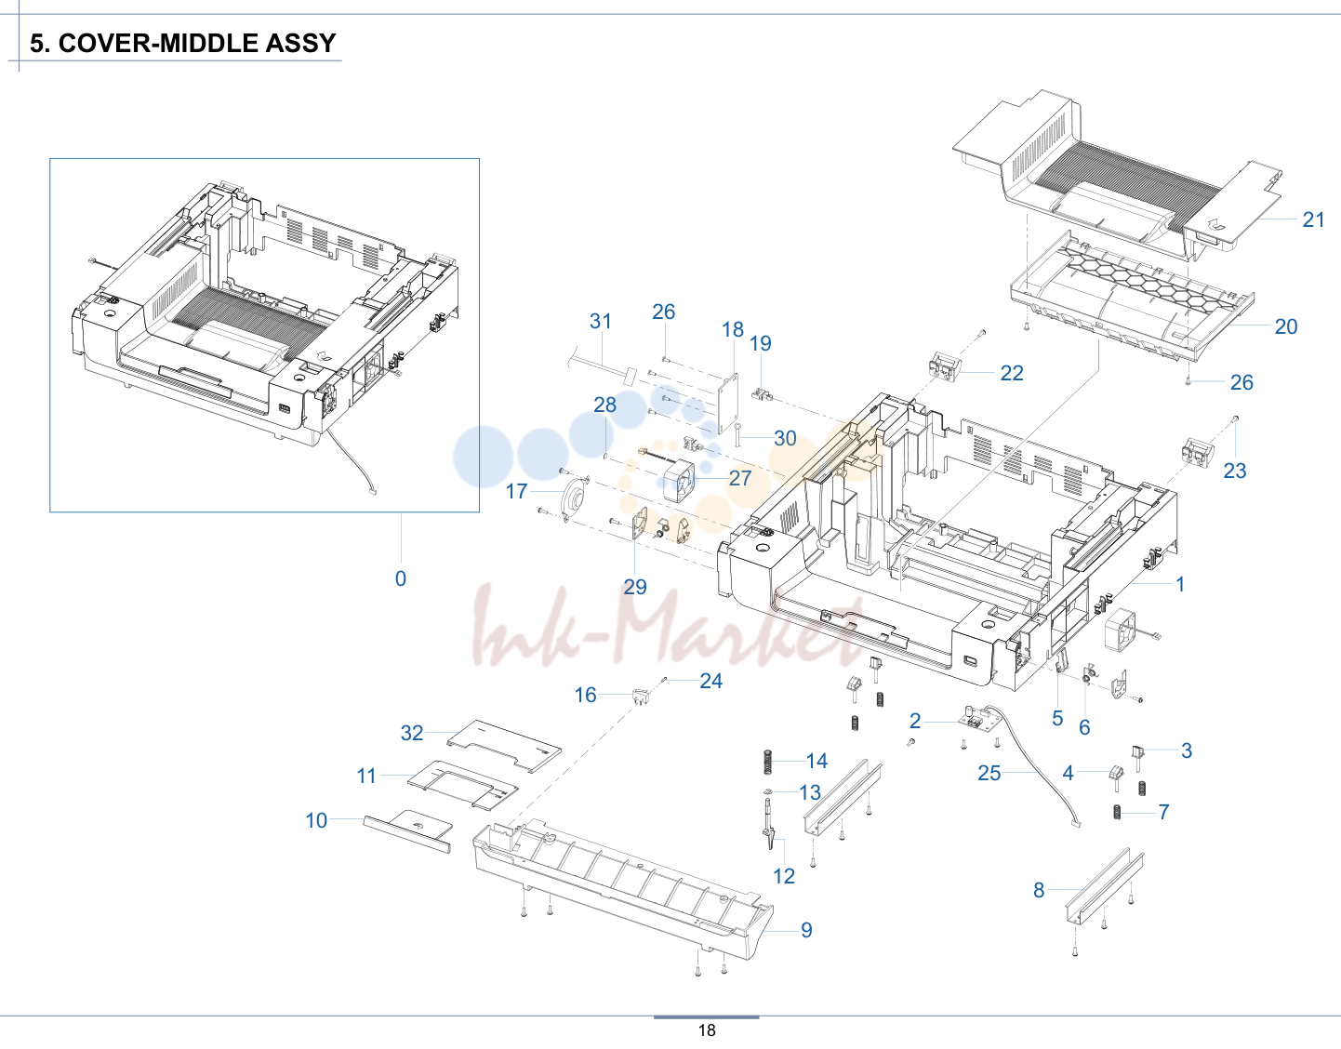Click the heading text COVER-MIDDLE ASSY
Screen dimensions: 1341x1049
pos(197,43)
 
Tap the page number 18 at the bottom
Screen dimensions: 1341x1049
pos(707,1030)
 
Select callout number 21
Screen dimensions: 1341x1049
pos(1314,219)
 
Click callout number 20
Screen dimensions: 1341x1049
pos(1286,326)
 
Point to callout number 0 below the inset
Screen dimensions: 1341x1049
pos(401,578)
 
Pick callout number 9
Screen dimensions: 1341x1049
pos(806,930)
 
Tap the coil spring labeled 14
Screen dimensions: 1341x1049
pos(768,762)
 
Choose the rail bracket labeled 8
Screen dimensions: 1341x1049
pos(1105,886)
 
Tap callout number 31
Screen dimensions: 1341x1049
pos(601,321)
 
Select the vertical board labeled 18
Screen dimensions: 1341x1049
pos(728,403)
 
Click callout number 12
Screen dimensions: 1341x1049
pos(784,876)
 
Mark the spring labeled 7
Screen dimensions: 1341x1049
pos(1117,812)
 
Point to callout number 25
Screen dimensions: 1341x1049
pos(989,773)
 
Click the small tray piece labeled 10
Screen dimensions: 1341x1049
pos(408,830)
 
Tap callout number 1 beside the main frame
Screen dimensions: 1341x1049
pos(1180,584)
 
